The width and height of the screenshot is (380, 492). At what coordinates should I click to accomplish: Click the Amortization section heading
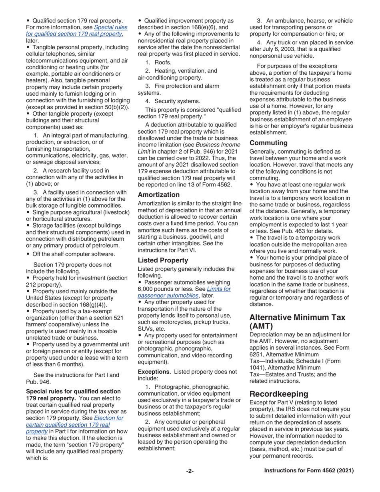point(158,195)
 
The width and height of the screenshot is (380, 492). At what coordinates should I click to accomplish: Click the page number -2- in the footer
point(190,471)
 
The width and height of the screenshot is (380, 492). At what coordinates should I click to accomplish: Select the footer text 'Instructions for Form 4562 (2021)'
point(309,471)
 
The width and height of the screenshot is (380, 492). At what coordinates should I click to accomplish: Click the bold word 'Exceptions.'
point(154,372)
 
